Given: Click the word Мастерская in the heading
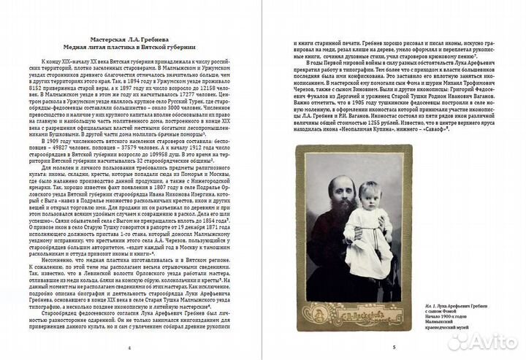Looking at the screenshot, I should click(104, 37).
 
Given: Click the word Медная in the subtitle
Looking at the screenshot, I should click(95, 47).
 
